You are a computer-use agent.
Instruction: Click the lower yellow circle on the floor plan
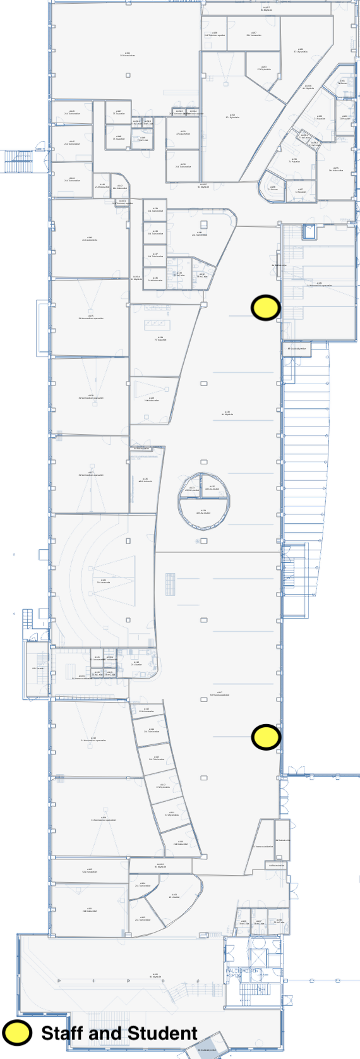pos(266,737)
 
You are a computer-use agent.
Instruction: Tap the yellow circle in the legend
pos(17,1032)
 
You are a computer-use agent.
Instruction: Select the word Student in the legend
pos(162,1033)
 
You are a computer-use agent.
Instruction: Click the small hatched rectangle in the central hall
pos(170,584)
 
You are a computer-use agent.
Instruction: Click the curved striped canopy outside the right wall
pos(306,480)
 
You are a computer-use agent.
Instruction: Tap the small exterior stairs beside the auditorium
pos(27,619)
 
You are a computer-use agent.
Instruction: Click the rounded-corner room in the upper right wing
pos(272,189)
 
